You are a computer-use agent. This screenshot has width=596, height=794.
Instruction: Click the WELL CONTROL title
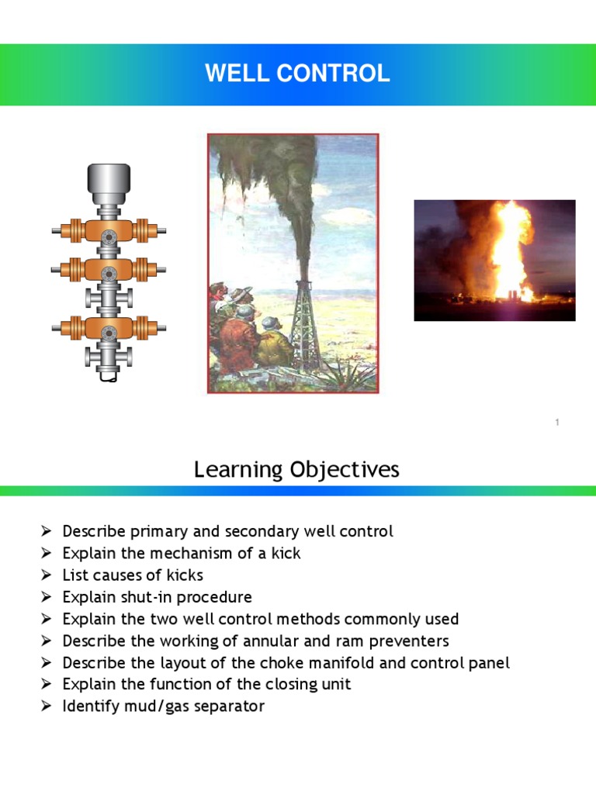297,74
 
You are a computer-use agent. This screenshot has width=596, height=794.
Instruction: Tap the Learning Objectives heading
296,469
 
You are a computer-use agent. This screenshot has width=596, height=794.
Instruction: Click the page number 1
557,422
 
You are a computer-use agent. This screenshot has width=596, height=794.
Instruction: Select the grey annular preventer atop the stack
109,181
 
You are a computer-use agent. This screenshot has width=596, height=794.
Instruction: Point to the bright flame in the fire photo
512,248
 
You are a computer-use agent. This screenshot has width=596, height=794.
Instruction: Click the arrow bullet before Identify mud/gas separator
47,706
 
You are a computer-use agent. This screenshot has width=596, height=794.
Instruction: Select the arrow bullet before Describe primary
47,532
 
